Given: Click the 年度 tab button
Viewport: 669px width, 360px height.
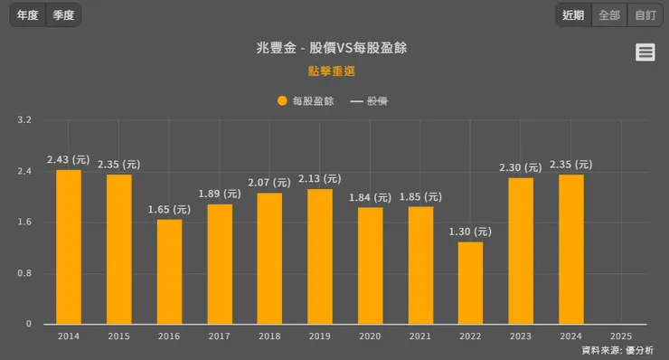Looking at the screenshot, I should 27,15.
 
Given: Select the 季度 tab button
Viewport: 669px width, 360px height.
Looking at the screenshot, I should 63,15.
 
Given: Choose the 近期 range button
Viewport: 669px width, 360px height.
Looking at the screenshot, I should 573,15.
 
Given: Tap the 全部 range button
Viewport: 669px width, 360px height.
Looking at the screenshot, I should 609,15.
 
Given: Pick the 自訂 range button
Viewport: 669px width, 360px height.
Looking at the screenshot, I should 645,15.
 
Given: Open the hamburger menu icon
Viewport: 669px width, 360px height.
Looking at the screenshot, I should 645,52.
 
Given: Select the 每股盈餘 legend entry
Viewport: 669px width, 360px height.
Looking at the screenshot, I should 306,101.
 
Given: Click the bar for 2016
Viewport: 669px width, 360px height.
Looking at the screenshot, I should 169,271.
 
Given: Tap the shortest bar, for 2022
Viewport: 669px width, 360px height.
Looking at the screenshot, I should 470,282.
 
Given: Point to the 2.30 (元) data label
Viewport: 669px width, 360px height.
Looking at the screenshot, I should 520,167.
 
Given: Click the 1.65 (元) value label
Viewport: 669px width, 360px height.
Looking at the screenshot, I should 169,209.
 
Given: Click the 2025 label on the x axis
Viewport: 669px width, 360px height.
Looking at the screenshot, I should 621,336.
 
